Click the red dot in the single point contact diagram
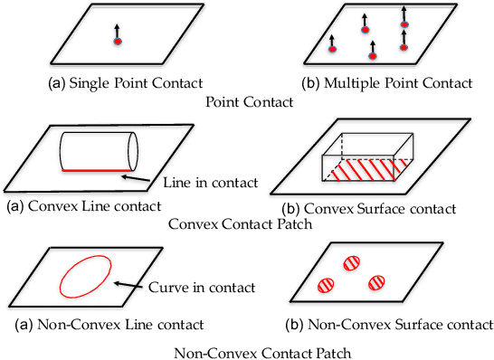pos(118,41)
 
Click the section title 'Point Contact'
pos(250,102)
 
